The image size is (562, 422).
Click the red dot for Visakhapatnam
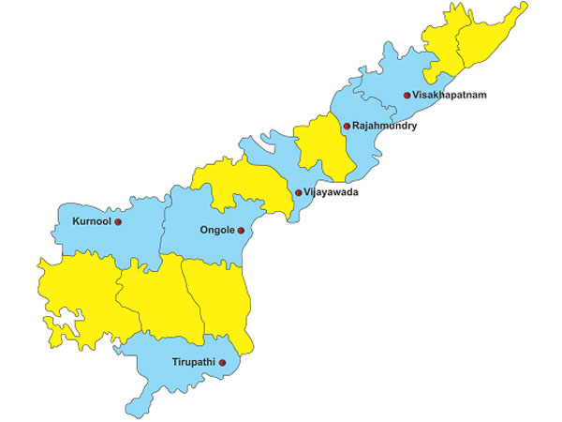[407, 96]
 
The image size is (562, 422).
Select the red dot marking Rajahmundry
[346, 126]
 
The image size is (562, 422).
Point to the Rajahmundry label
[384, 126]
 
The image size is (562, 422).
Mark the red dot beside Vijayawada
[299, 193]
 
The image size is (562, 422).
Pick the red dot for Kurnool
[118, 222]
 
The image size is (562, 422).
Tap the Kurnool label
[91, 222]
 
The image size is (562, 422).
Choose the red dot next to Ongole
[241, 230]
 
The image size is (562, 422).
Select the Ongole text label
[216, 230]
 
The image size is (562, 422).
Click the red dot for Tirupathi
[222, 361]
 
